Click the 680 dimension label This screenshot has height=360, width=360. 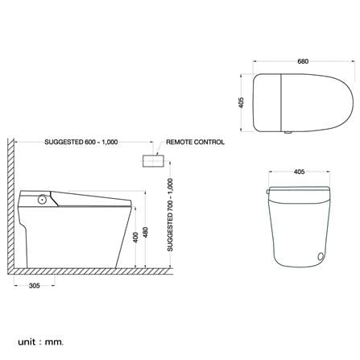[303, 61]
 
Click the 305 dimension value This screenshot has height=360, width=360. [35, 286]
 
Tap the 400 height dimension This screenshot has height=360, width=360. [136, 238]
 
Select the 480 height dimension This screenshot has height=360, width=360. [145, 233]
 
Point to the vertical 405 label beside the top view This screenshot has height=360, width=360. [241, 102]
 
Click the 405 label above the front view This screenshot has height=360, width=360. [300, 172]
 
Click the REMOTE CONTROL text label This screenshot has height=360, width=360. [195, 142]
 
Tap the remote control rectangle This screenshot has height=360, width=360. [153, 161]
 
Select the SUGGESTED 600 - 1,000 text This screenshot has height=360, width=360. [81, 142]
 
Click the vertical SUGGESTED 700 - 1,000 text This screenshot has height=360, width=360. [170, 215]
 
